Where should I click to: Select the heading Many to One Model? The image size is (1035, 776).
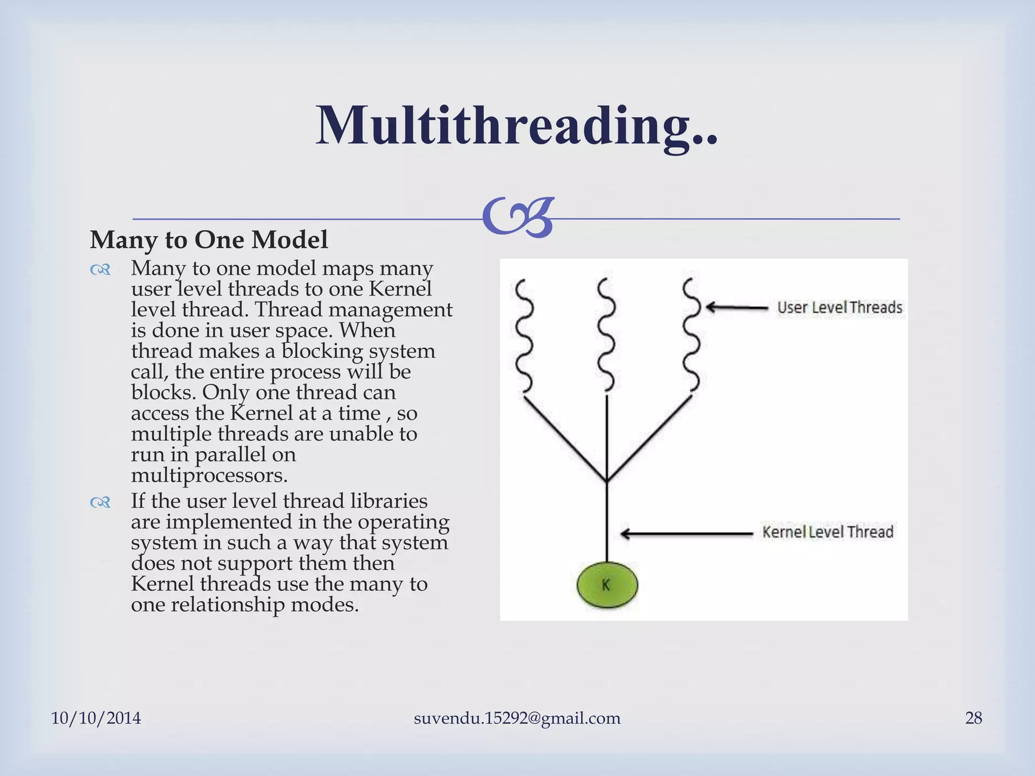(209, 239)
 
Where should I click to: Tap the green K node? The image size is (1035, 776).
(607, 585)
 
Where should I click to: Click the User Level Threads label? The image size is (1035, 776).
(839, 307)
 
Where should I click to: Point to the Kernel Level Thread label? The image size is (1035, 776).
(827, 532)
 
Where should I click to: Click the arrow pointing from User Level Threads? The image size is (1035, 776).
(736, 307)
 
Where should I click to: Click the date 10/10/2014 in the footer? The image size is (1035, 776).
(96, 718)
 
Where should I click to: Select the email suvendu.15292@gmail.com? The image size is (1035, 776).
(517, 718)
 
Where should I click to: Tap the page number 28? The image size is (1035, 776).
(973, 718)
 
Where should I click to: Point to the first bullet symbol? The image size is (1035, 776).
(100, 270)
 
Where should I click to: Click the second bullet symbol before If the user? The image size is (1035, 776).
(100, 503)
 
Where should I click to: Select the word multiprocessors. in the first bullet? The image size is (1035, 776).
(209, 475)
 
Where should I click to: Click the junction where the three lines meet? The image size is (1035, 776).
(607, 480)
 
